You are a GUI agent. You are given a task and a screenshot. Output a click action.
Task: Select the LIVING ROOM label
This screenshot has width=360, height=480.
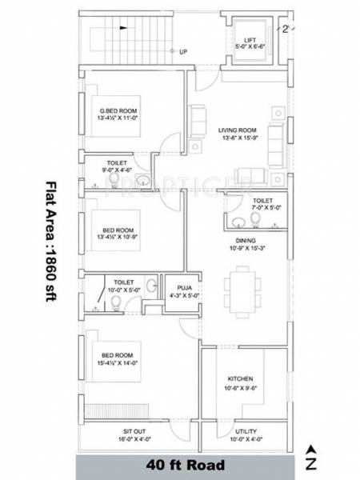(x=236, y=129)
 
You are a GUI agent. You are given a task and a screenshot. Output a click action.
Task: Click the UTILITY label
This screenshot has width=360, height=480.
(x=246, y=430)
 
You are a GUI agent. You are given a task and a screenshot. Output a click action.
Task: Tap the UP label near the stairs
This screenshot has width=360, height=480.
(x=182, y=53)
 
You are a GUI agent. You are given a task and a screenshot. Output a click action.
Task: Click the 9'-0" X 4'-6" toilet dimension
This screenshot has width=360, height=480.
(x=118, y=170)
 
